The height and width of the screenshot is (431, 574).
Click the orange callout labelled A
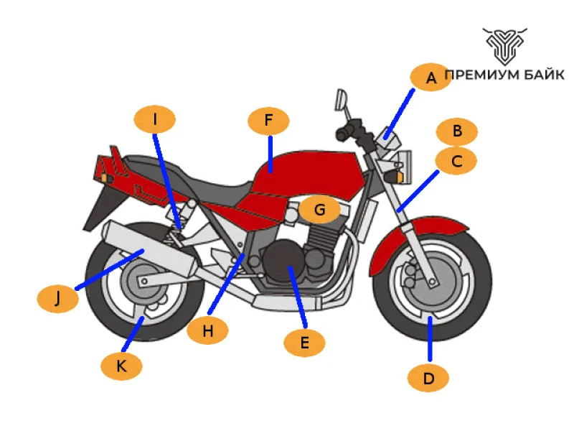[x=430, y=78]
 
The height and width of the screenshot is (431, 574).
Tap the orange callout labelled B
[x=457, y=131]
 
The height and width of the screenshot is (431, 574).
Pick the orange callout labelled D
[x=428, y=378]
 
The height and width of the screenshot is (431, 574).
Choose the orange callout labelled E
[x=304, y=343]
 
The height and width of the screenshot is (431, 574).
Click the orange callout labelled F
[x=268, y=121]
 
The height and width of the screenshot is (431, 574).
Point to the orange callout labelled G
[x=320, y=210]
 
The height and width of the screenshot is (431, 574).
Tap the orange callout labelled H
[x=207, y=330]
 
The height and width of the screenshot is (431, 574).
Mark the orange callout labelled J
[x=57, y=298]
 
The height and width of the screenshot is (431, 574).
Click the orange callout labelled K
[x=121, y=366]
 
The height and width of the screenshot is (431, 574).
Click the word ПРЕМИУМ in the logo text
[x=481, y=75]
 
